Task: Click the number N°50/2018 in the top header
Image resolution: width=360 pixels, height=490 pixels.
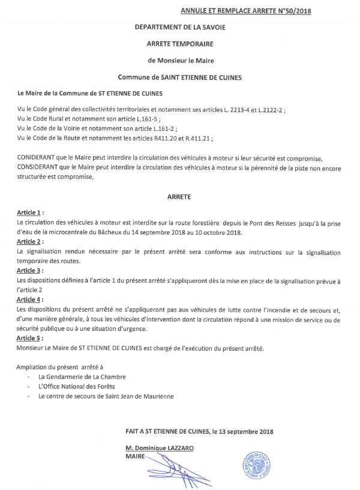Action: [x=294, y=11]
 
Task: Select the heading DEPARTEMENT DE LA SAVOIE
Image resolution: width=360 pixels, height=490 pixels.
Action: [x=180, y=28]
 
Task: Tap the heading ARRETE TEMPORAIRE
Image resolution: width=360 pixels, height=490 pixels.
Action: [x=180, y=44]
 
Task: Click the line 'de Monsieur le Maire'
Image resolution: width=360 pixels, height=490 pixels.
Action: [x=180, y=60]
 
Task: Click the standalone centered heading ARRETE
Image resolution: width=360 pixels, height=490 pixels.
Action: [x=180, y=196]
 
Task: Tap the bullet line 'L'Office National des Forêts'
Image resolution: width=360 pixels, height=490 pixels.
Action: [x=76, y=386]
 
